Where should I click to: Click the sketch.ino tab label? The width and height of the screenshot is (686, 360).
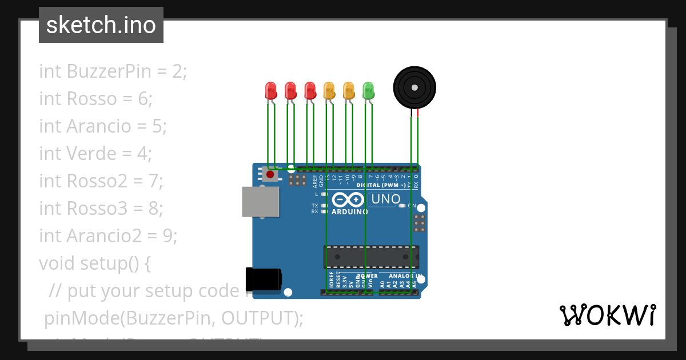click(101, 25)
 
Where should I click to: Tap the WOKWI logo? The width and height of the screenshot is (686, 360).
click(607, 315)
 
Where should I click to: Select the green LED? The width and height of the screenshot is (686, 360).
click(368, 90)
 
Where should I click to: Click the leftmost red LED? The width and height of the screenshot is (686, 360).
click(271, 90)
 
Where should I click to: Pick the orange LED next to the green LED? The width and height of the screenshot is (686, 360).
click(349, 90)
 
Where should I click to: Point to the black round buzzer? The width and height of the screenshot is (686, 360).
click(414, 87)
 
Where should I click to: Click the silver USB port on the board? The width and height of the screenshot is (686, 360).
click(261, 202)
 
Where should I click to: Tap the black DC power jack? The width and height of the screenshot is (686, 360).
click(263, 279)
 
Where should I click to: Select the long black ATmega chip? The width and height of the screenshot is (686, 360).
click(371, 257)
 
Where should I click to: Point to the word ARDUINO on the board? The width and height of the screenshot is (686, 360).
click(350, 211)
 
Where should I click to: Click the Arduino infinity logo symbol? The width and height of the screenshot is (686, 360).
click(348, 199)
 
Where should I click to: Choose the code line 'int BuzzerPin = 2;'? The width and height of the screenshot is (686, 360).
click(113, 71)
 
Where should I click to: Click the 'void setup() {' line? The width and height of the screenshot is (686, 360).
click(95, 263)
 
